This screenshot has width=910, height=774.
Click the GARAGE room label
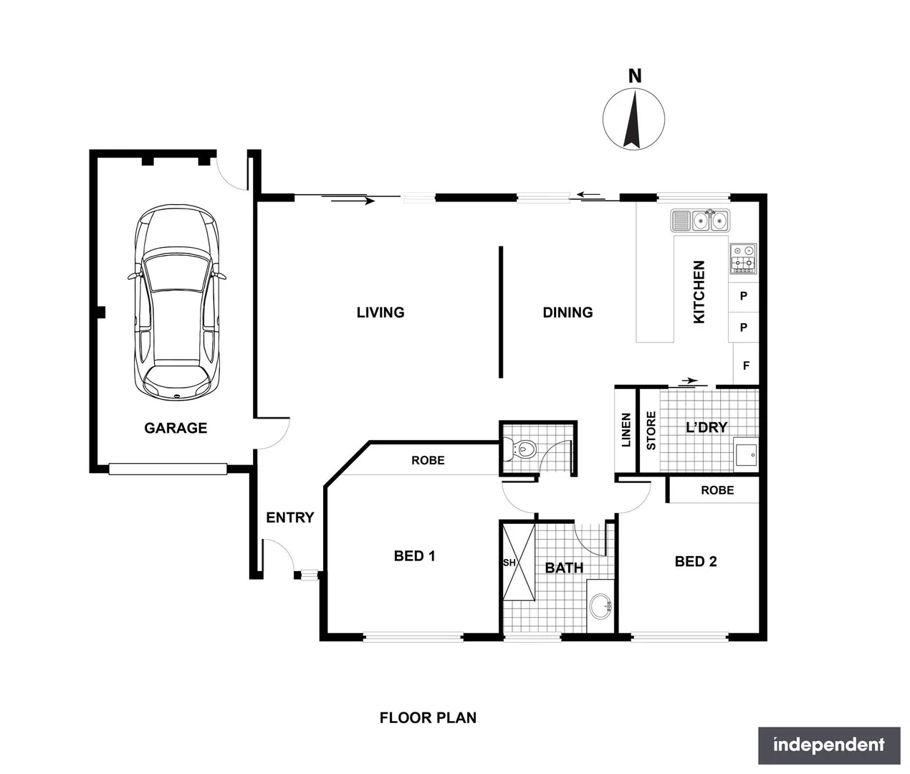(x=176, y=428)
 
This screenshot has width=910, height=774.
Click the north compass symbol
(x=633, y=119)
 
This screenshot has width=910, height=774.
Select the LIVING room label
(x=380, y=312)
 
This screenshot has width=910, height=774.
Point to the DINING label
(x=567, y=312)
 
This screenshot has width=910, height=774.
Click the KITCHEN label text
(x=699, y=292)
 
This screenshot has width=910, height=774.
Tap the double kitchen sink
(x=700, y=221)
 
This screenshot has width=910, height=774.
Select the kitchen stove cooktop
(x=743, y=259)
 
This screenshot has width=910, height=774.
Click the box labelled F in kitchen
(x=746, y=365)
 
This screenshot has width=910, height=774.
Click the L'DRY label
(x=707, y=427)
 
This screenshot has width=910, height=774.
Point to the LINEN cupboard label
(x=626, y=430)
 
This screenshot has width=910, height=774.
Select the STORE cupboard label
(x=651, y=430)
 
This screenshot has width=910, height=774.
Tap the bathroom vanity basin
(x=601, y=607)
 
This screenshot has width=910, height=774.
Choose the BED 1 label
(x=414, y=556)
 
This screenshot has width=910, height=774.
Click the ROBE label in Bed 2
(x=717, y=490)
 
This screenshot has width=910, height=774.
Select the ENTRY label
(x=290, y=517)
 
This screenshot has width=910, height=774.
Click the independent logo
(x=829, y=745)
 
